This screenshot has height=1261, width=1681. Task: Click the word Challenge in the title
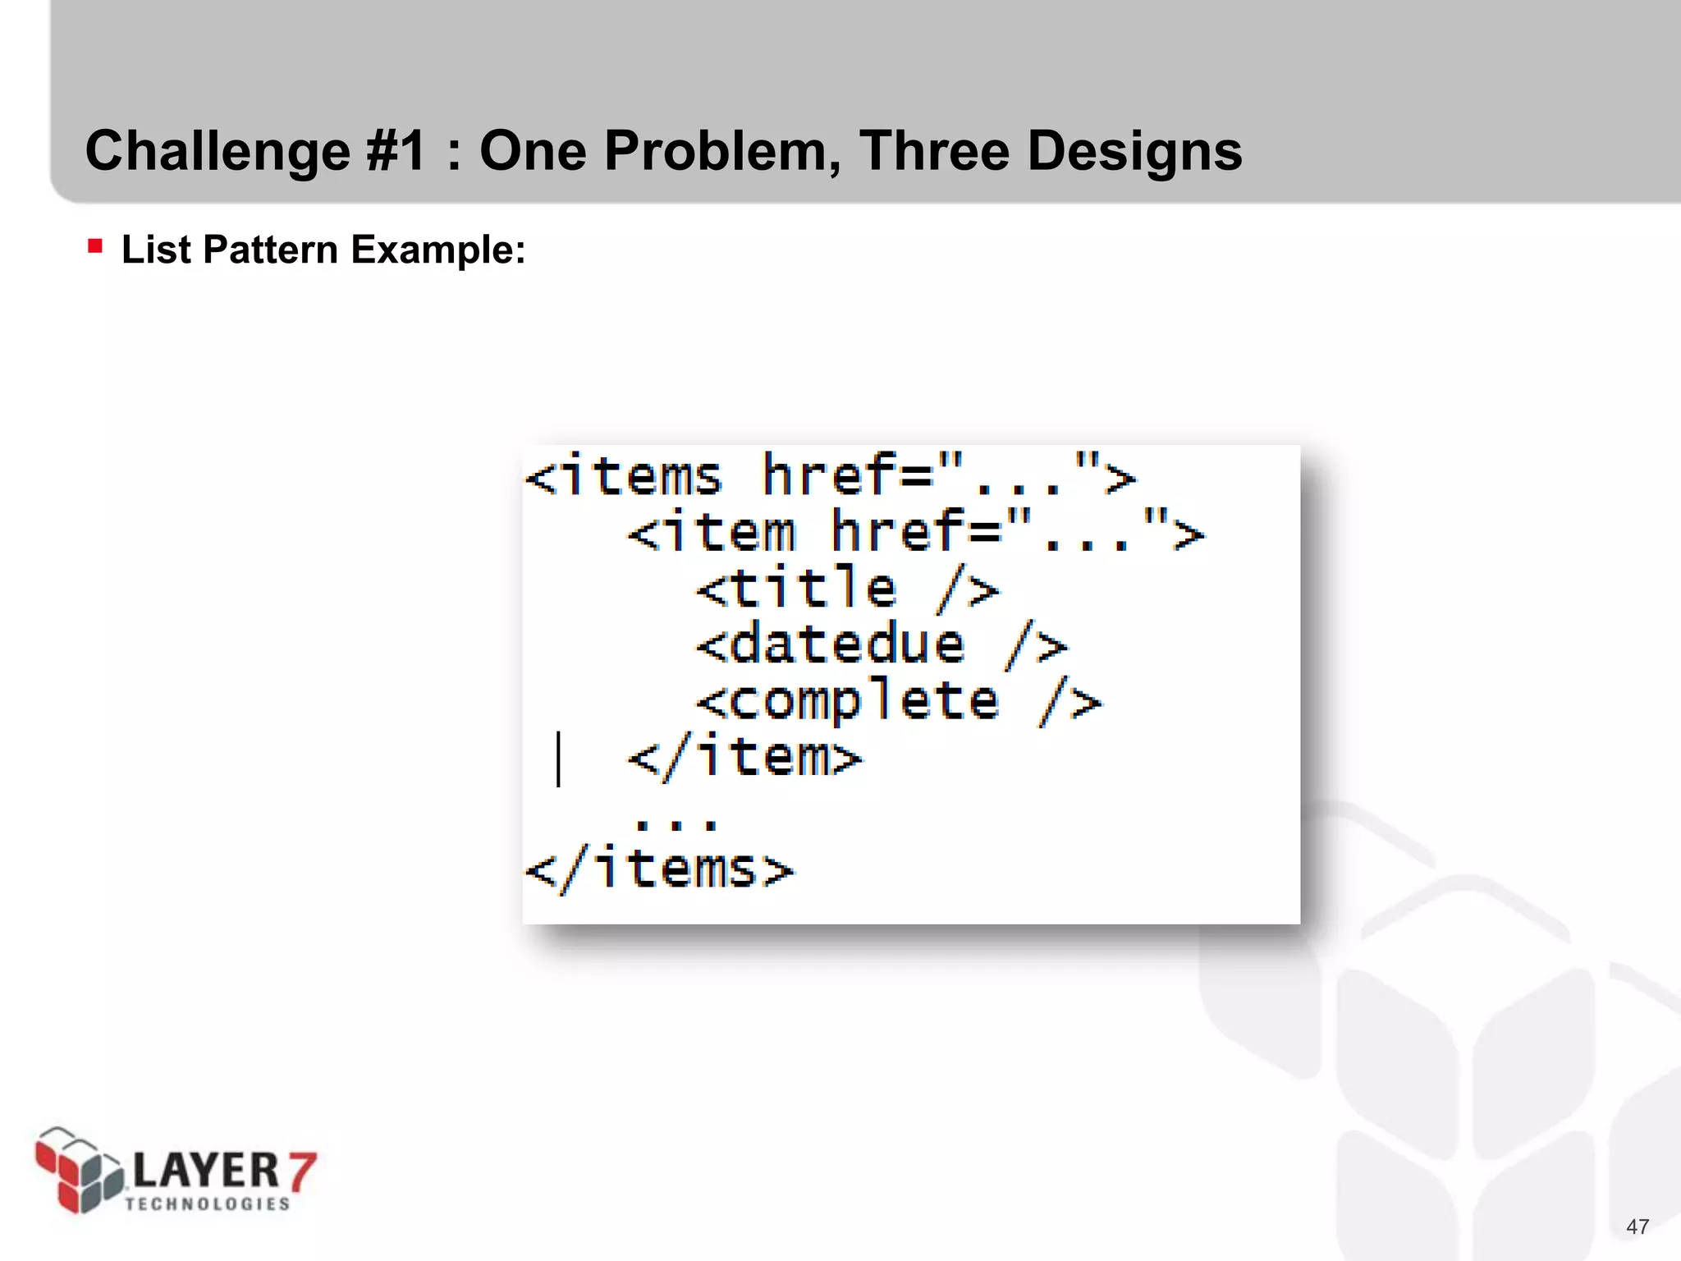[x=217, y=153]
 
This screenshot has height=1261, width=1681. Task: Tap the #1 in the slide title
[x=396, y=151]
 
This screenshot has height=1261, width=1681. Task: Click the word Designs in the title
[x=1134, y=153]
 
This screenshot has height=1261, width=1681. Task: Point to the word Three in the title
[x=934, y=151]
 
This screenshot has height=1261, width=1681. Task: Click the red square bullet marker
[x=95, y=245]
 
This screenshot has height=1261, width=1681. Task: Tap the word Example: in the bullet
[x=437, y=250]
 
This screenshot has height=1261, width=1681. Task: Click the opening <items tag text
[x=624, y=476]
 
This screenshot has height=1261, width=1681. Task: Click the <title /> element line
[x=847, y=589]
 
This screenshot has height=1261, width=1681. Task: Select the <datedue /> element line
[x=882, y=644]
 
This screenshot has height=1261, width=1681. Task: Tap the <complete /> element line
[x=899, y=701]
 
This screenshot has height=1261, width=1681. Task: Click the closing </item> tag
[x=744, y=757]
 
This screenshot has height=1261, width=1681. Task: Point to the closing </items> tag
[x=659, y=869]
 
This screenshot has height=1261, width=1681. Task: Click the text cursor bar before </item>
[x=559, y=759]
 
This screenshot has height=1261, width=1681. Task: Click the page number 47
[x=1637, y=1227]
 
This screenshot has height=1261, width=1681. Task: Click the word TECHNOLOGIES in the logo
[x=208, y=1204]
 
